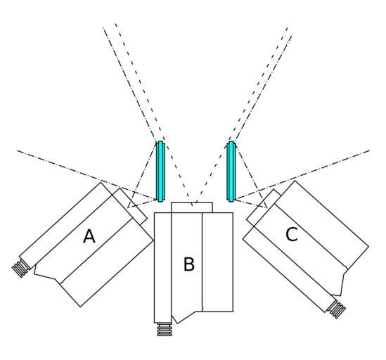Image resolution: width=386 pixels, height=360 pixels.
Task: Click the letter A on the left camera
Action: tap(89, 236)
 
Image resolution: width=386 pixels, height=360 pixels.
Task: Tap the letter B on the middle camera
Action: tap(189, 264)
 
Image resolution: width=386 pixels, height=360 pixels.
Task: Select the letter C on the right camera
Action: tap(292, 234)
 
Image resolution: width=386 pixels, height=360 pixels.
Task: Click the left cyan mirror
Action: tap(160, 172)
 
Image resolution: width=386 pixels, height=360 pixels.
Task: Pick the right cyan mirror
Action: tap(231, 172)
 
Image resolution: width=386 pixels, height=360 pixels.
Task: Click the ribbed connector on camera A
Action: tap(21, 268)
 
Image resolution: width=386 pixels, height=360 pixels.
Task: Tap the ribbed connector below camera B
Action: tap(165, 329)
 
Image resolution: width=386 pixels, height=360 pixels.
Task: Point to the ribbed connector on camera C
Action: tap(337, 309)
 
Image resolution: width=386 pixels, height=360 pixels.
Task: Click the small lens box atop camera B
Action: tap(192, 207)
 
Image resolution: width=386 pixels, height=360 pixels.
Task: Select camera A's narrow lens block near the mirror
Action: tap(129, 207)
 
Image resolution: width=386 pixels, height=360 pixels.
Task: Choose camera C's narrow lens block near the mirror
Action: tap(264, 207)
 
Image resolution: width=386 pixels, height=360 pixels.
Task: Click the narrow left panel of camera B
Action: tap(162, 267)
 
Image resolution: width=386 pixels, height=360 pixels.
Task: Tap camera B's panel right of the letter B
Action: tap(218, 262)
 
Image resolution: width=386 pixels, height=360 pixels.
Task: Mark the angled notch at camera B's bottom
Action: tap(186, 317)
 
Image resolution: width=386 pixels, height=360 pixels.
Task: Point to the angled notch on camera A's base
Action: tap(48, 274)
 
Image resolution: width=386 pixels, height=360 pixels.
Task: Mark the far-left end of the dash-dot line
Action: tap(18, 150)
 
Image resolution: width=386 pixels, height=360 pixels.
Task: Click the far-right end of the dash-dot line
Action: tap(370, 150)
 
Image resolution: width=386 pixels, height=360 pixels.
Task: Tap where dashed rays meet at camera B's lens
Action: tap(193, 205)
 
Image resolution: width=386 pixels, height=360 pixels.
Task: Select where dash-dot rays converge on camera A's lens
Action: tap(128, 207)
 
